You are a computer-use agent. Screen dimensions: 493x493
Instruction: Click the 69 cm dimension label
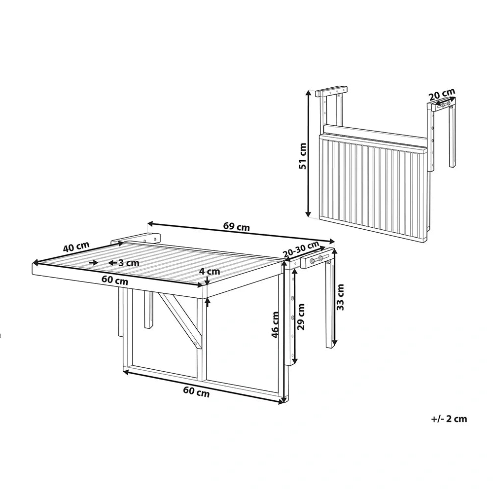pos(237,226)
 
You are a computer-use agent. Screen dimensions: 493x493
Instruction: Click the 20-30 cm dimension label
pos(301,248)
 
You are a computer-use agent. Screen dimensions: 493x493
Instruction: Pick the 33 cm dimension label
pos(340,297)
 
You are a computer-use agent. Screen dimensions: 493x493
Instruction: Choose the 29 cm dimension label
pos(301,317)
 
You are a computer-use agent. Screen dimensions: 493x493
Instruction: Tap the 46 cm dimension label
pos(275,325)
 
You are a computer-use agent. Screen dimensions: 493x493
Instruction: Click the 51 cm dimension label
pos(302,156)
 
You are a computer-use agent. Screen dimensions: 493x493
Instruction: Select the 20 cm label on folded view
pos(443,94)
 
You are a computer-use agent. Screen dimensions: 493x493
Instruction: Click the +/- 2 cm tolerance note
pos(449,419)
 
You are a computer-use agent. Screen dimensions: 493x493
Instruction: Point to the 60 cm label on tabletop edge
pos(115,280)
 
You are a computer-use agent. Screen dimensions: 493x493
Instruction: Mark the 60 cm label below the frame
pos(196,392)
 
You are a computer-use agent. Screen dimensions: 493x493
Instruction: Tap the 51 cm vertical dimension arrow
pos(309,153)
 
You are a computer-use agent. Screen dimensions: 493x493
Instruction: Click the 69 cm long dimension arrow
pos(241,232)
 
